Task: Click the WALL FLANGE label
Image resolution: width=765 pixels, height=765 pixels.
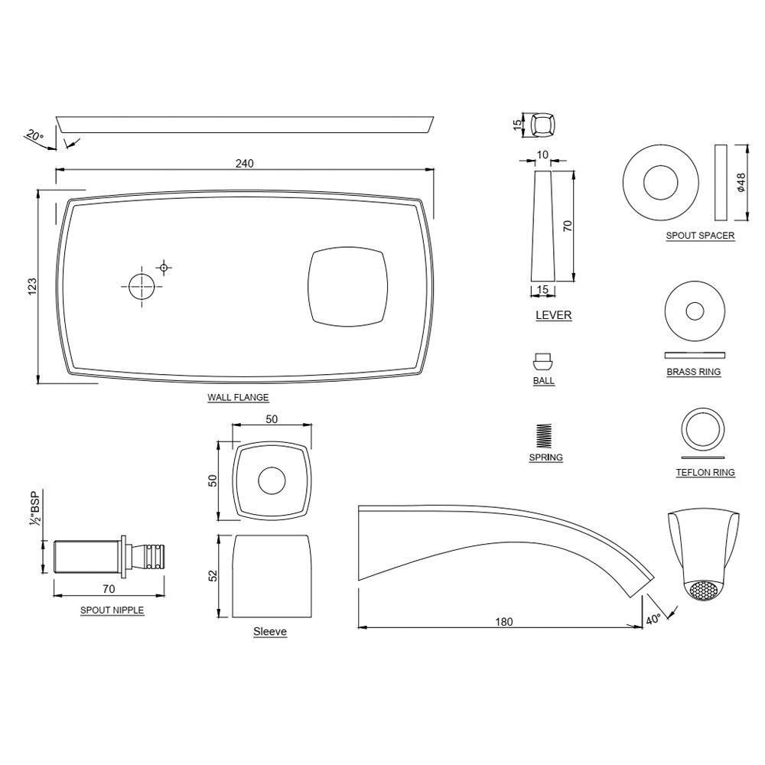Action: coord(238,397)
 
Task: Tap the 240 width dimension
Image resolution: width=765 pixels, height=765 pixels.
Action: coord(245,163)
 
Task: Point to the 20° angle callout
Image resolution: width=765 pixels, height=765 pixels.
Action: coord(34,136)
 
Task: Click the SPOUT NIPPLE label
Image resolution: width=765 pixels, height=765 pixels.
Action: coord(112,610)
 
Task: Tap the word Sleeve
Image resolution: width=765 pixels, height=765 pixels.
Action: coord(270,632)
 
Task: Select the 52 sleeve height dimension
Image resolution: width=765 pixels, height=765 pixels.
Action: coord(214,575)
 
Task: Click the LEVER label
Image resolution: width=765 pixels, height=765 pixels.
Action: coord(553,315)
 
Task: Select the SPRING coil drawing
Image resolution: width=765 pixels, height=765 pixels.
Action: coord(545,436)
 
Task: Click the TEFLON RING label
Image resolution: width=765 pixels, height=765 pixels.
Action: coord(705,473)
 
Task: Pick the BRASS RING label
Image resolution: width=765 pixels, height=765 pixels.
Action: coord(694,372)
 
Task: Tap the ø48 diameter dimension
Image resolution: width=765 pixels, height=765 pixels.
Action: coord(741,181)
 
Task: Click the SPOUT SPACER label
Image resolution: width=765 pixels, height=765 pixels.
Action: coord(700,236)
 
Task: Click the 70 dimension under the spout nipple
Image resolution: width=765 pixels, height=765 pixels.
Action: coord(109,589)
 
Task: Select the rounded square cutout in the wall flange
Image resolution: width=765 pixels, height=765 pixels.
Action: coord(346,286)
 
